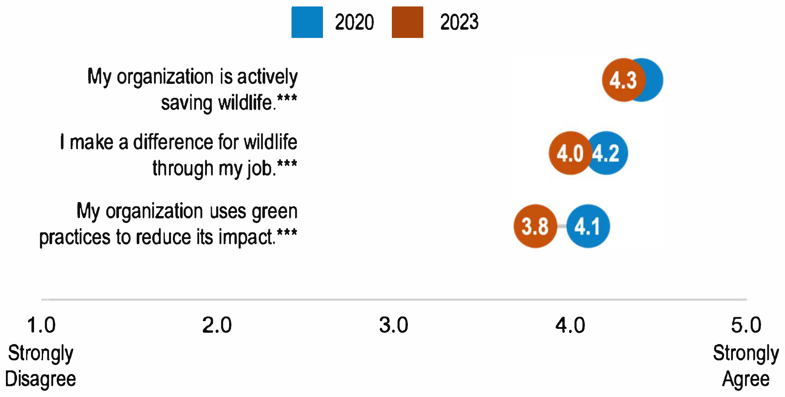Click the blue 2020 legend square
point(307,22)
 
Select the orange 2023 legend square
point(407,22)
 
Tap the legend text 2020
point(354,22)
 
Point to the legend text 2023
point(459,22)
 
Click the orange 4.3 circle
point(624,80)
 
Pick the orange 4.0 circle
point(570,153)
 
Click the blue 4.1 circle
point(588,226)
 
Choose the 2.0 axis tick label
point(217,325)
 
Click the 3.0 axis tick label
point(393,325)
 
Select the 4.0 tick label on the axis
point(570,325)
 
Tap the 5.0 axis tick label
point(746,325)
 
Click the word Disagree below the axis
point(41,379)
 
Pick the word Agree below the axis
point(746,379)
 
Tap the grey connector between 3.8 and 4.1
point(562,226)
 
